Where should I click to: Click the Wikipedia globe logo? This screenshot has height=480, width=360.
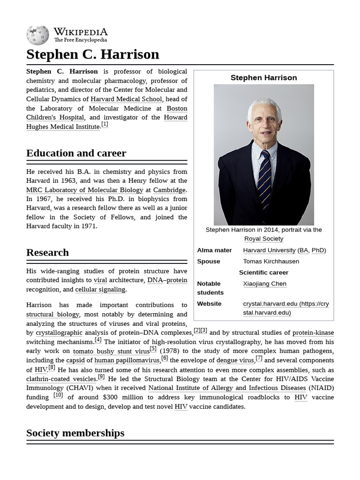pyautogui.click(x=37, y=35)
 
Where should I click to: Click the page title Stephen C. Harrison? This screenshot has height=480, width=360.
pyautogui.click(x=93, y=54)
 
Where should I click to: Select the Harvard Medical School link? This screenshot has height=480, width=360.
pyautogui.click(x=126, y=99)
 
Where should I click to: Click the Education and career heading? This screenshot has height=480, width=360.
pyautogui.click(x=76, y=153)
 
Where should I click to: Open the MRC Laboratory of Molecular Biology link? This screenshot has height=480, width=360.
pyautogui.click(x=84, y=190)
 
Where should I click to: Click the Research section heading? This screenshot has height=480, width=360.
pyautogui.click(x=47, y=253)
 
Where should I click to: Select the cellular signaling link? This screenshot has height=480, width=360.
pyautogui.click(x=100, y=289)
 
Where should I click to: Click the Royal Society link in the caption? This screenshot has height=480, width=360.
pyautogui.click(x=263, y=239)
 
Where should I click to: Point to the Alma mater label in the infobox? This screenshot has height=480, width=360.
pyautogui.click(x=214, y=250)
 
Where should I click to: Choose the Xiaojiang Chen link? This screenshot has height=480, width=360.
pyautogui.click(x=264, y=284)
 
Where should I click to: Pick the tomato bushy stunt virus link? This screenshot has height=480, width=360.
pyautogui.click(x=111, y=351)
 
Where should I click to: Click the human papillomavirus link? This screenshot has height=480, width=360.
pyautogui.click(x=127, y=360)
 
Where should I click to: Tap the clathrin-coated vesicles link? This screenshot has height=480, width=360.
pyautogui.click(x=61, y=379)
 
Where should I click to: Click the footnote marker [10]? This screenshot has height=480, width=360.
pyautogui.click(x=58, y=395)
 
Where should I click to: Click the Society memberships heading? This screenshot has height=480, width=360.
pyautogui.click(x=75, y=433)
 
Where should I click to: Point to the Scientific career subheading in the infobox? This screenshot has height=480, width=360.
pyautogui.click(x=263, y=272)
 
